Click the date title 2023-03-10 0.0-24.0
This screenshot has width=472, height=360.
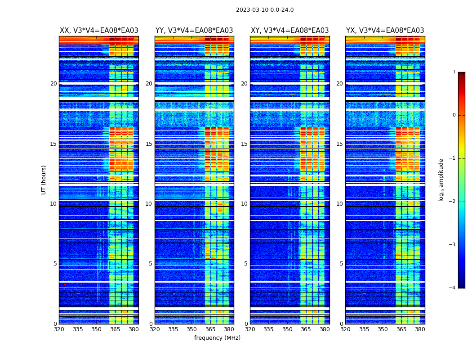[265, 10]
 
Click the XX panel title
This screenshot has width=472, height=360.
[99, 31]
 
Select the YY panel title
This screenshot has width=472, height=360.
[194, 31]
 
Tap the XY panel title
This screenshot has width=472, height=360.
[289, 31]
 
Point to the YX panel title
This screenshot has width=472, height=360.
[385, 31]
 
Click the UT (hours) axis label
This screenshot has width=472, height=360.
[44, 180]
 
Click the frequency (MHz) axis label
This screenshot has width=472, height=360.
[217, 338]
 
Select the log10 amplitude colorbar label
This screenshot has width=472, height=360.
[441, 180]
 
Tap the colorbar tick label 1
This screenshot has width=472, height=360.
[454, 72]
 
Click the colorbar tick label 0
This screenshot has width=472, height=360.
[454, 115]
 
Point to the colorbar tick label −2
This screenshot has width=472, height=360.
[453, 202]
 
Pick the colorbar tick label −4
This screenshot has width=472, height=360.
[453, 288]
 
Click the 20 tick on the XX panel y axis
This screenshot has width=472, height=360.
[53, 84]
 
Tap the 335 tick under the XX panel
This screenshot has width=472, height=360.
[78, 329]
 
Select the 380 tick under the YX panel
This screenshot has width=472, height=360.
[420, 329]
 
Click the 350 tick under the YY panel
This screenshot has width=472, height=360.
[192, 329]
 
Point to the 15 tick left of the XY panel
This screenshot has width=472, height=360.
[244, 144]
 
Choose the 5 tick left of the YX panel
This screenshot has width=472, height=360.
[341, 264]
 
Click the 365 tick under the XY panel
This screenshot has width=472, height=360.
[306, 329]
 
